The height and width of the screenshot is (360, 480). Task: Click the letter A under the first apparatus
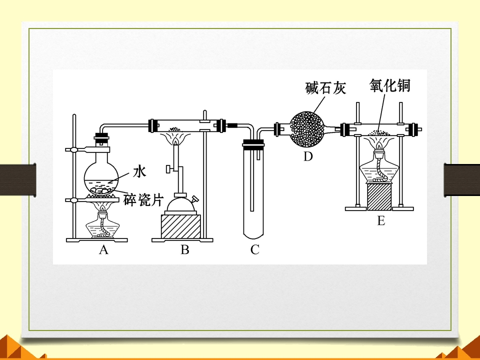point(104,250)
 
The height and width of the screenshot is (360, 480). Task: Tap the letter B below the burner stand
point(185,250)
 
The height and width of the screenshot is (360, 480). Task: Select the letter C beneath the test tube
point(254,250)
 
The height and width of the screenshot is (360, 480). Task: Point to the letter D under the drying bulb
point(308,156)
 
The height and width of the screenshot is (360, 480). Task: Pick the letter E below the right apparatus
point(381,220)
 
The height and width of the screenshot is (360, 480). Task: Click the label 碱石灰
point(325,88)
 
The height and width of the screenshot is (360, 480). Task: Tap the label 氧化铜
point(389,85)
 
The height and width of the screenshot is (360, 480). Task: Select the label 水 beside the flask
point(139,171)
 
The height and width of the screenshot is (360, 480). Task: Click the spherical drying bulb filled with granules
point(306,129)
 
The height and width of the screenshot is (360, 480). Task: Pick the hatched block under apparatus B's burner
point(180,226)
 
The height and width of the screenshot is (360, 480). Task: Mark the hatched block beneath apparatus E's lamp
point(379,196)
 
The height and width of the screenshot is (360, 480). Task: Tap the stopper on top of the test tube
point(253,144)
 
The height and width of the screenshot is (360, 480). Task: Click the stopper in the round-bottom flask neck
point(101,138)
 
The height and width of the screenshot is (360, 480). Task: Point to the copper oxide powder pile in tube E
point(378,132)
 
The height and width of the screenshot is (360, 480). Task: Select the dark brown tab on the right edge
point(462,180)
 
